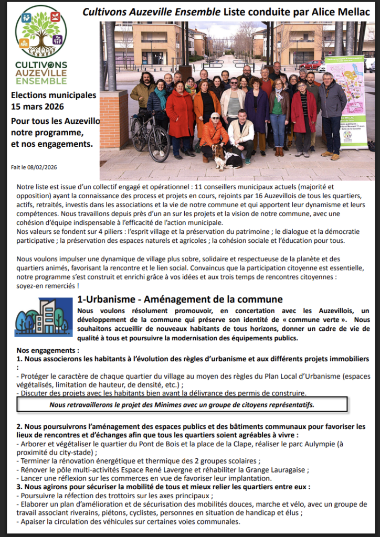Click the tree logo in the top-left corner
tap(41, 32)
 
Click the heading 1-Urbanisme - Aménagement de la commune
tap(180, 300)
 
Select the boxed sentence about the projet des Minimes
tap(182, 404)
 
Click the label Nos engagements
tap(47, 350)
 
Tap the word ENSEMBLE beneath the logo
tap(41, 81)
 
